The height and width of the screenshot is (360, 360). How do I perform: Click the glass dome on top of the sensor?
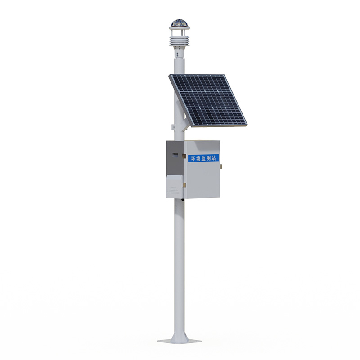point(179,23)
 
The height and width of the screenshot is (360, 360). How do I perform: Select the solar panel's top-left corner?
point(169,75)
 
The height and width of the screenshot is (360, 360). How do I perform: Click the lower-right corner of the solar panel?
point(247,124)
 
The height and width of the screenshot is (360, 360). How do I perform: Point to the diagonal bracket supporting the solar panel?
point(185,123)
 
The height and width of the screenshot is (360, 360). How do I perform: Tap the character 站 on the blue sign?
point(214,157)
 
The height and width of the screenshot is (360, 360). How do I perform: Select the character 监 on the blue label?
point(203,158)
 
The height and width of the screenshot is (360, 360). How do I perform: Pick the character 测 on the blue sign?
point(208,158)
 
